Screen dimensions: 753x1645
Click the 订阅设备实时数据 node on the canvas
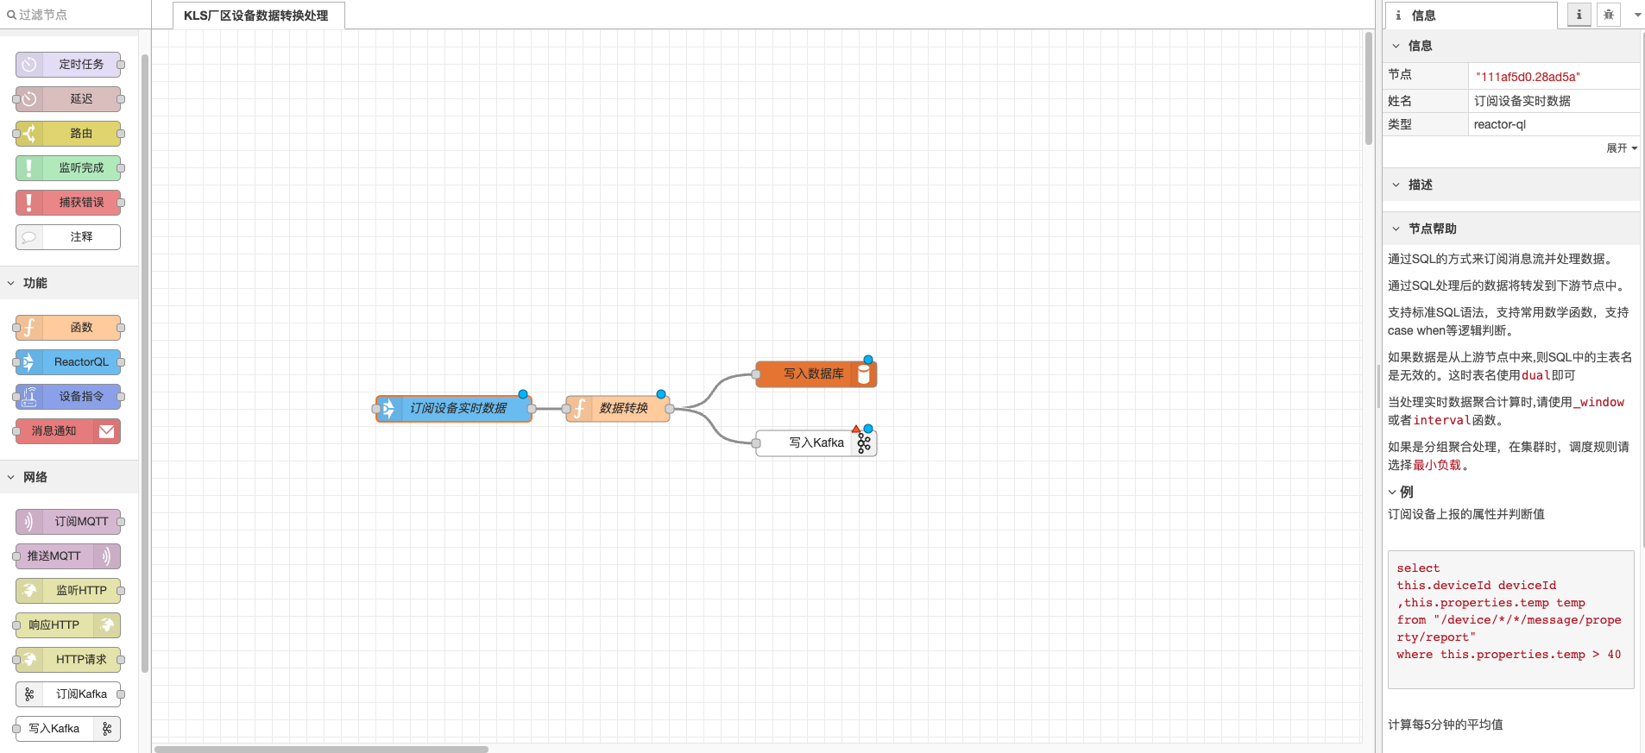point(455,408)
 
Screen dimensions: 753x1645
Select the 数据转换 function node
point(619,408)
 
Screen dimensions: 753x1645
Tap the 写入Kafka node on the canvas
point(816,442)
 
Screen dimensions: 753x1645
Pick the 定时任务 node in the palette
point(69,65)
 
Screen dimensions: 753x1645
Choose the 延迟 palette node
point(69,99)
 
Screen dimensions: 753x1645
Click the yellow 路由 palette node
point(69,134)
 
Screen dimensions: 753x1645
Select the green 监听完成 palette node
point(69,168)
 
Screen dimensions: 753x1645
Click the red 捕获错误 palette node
point(69,203)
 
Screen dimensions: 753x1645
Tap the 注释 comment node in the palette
point(69,237)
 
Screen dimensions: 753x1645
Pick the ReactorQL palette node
point(69,362)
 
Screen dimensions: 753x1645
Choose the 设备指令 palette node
point(69,397)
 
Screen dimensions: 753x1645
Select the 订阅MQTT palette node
point(69,522)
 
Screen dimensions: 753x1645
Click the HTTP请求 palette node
point(69,660)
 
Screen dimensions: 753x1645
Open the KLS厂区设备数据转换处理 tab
point(256,16)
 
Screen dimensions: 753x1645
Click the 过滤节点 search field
point(73,15)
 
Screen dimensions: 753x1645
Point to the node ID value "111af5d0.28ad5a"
point(1528,77)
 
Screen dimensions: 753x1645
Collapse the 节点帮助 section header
point(1432,229)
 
